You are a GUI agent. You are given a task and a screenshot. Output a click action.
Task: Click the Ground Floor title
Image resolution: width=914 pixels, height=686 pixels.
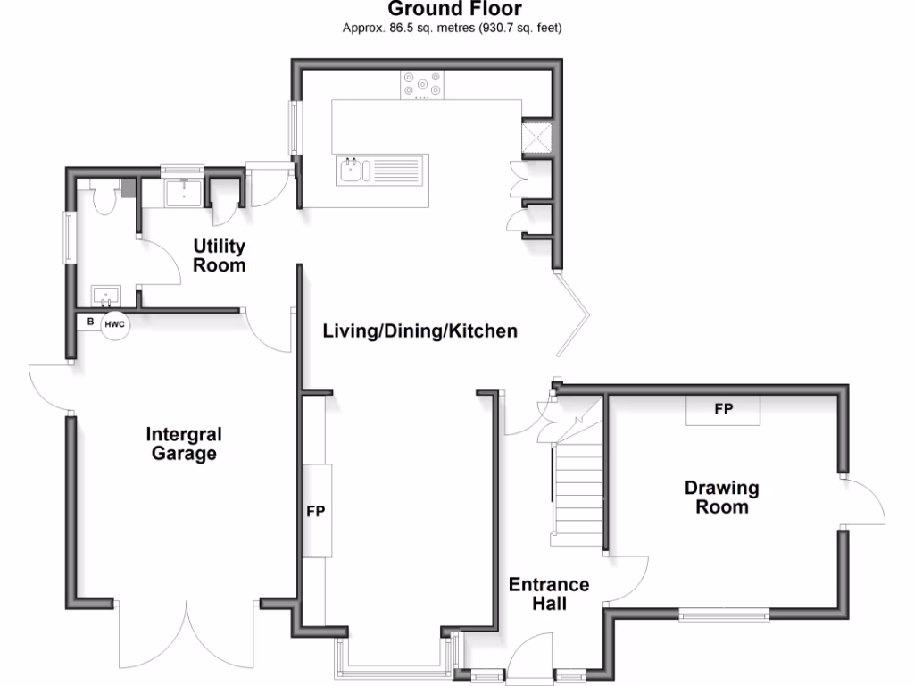point(455,10)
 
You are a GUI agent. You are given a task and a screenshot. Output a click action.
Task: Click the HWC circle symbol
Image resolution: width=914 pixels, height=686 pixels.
point(114,324)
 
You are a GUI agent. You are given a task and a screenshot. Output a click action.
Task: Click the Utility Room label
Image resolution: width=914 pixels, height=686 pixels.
point(219,255)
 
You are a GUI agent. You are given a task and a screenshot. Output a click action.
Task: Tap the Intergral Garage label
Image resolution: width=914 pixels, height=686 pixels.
point(182,444)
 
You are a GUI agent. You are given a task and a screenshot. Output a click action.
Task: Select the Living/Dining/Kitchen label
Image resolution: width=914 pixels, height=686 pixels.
point(420,331)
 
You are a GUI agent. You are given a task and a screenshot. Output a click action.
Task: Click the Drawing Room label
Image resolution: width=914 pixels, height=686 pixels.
point(722,498)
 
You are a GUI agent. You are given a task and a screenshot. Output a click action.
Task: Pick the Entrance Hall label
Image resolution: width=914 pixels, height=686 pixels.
point(549,594)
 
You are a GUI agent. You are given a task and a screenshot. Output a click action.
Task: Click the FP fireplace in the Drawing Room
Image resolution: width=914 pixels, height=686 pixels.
point(723,410)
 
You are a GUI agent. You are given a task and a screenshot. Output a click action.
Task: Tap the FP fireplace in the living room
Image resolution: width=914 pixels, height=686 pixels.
point(315,512)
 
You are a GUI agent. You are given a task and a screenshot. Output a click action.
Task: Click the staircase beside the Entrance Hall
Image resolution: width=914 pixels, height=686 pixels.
point(577,491)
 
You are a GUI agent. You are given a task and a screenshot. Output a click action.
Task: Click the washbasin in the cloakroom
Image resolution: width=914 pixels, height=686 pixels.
point(107,294)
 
